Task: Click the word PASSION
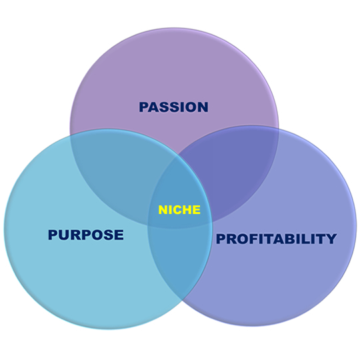(x=173, y=107)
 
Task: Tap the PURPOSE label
(x=86, y=235)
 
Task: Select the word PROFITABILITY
(x=276, y=239)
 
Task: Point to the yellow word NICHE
(x=179, y=209)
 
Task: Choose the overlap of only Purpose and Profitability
(x=180, y=259)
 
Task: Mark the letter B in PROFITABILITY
(x=295, y=239)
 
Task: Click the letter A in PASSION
(x=155, y=107)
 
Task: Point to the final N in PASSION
(x=203, y=107)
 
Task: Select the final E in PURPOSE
(x=119, y=235)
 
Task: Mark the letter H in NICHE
(x=186, y=209)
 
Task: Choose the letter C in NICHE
(x=176, y=209)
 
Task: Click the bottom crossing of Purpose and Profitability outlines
(x=183, y=301)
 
